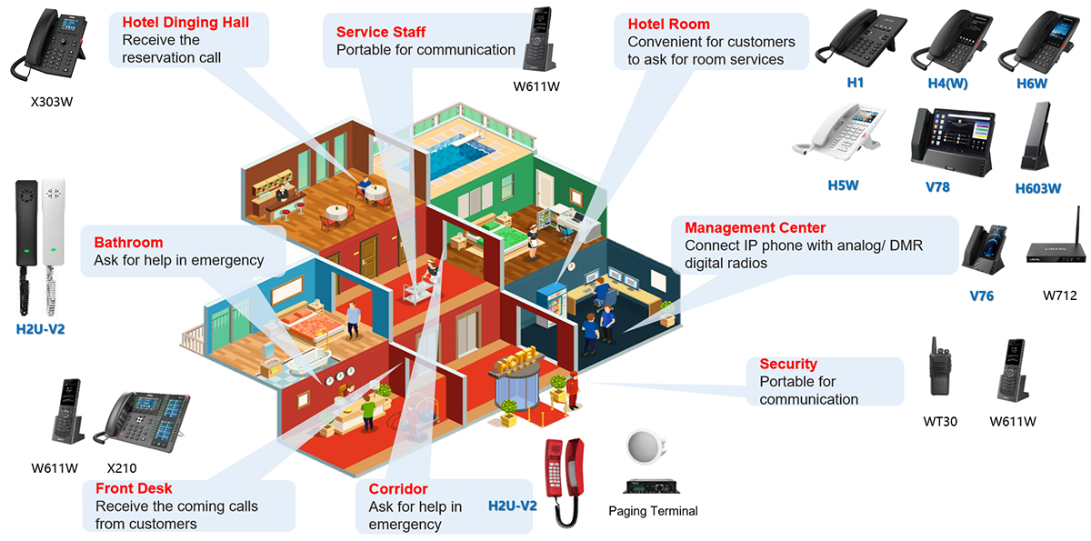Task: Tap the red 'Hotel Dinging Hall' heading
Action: point(185,23)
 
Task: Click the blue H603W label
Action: point(1038,189)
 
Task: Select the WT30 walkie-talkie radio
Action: point(938,373)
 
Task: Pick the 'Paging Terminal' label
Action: point(653,511)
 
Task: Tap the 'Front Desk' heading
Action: point(134,489)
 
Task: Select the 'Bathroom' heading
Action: point(128,243)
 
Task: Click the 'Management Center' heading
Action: point(755,227)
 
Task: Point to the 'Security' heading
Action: point(788,364)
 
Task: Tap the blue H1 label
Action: point(856,83)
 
